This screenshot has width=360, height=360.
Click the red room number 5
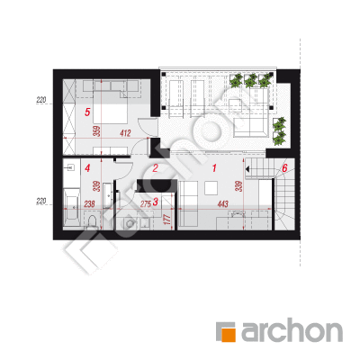tap(87, 112)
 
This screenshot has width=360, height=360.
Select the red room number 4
tap(87, 168)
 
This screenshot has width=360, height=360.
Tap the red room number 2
tap(155, 168)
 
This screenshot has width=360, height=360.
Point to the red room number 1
tap(214, 168)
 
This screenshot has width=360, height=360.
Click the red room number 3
tap(155, 202)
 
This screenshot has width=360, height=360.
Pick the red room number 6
tap(284, 168)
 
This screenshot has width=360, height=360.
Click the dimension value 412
tap(125, 133)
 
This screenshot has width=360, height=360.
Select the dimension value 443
tap(223, 204)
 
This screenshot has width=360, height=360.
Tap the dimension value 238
tap(89, 204)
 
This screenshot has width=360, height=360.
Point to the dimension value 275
tap(146, 204)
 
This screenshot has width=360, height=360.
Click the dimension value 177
tap(168, 220)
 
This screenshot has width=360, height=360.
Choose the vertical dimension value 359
tap(97, 131)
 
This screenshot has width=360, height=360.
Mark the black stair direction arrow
tap(247, 169)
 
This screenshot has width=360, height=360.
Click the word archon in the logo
tap(292, 331)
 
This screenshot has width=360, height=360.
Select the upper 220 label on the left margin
tap(41, 100)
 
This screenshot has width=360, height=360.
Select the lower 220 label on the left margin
tap(41, 202)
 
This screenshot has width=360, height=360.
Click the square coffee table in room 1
tap(211, 188)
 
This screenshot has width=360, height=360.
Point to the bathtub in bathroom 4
tap(72, 208)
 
